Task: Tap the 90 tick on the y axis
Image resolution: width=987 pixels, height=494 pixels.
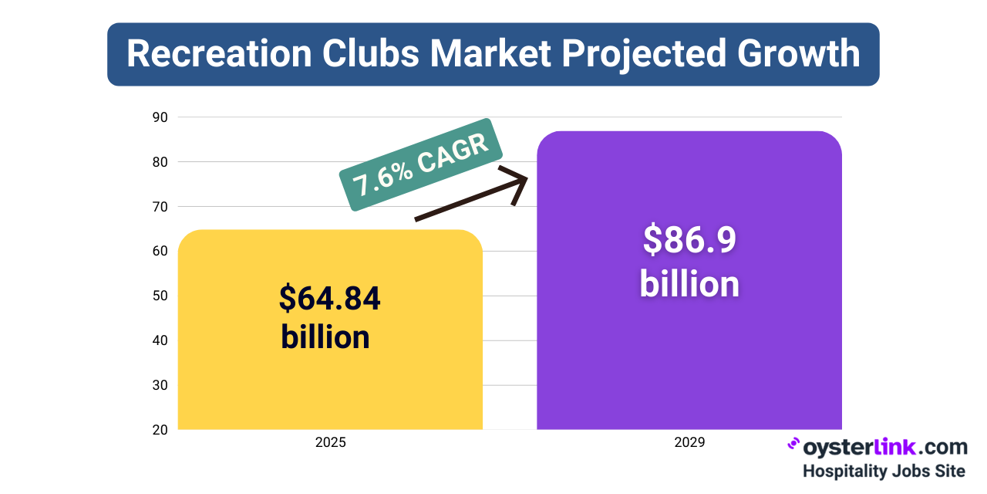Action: point(161,117)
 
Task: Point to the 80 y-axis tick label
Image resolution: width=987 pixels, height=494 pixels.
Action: point(161,162)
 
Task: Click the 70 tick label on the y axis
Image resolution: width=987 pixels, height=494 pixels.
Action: point(161,206)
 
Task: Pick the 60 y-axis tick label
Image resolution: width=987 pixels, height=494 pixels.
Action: point(161,251)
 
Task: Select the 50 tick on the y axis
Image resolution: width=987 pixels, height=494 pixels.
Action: point(161,296)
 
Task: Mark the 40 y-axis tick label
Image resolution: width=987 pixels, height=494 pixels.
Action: point(161,340)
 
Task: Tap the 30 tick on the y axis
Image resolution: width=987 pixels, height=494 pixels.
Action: point(161,385)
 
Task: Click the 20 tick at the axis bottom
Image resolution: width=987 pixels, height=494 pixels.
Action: point(161,429)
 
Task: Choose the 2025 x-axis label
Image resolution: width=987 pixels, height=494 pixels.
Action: point(330,443)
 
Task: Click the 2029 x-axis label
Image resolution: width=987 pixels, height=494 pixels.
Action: point(689,443)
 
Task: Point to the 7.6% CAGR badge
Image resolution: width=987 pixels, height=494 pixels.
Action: point(421,165)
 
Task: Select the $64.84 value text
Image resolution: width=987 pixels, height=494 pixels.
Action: point(330,299)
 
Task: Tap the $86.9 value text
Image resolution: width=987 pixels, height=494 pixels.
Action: point(689,240)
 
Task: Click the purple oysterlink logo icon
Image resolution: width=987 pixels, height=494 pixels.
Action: point(793,445)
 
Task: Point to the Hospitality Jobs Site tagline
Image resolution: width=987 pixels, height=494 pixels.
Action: point(884,470)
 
